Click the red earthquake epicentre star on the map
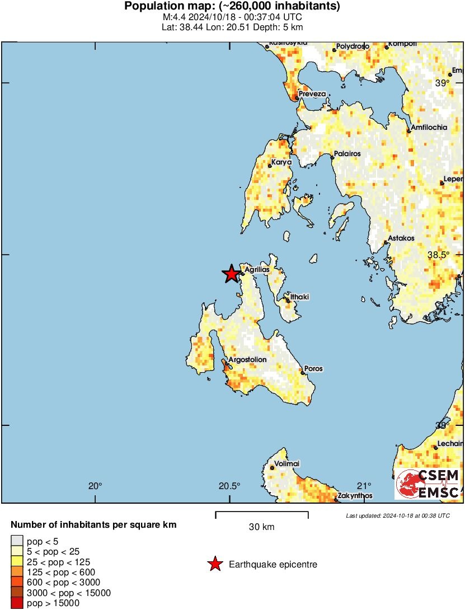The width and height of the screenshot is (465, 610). (x=231, y=274)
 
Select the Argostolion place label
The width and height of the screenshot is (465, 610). (x=248, y=359)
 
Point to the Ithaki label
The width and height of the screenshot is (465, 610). (x=299, y=296)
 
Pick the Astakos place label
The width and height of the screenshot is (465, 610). (x=401, y=238)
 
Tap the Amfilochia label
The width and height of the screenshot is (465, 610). (x=429, y=128)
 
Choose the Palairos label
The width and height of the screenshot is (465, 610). (x=347, y=153)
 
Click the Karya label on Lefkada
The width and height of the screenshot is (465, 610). (x=281, y=162)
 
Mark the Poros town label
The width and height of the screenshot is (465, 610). (x=314, y=369)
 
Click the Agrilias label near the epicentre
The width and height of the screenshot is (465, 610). (x=257, y=270)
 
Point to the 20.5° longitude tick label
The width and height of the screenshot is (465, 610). (x=229, y=485)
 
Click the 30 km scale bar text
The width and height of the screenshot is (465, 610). (x=261, y=527)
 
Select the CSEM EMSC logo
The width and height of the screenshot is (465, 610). (x=428, y=484)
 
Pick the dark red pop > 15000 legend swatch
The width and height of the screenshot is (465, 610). (x=17, y=603)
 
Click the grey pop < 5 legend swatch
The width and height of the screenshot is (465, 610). (x=17, y=541)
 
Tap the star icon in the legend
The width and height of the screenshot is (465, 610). (x=215, y=565)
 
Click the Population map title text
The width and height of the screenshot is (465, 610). (x=232, y=7)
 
